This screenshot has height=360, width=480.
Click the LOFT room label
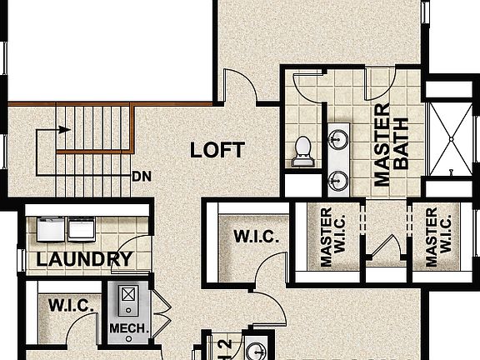point(217,150)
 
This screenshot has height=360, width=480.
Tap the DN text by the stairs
point(140,177)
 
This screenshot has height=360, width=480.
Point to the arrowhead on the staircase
point(62,130)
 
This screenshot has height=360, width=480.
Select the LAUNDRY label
point(84,259)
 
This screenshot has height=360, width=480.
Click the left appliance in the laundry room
point(52,227)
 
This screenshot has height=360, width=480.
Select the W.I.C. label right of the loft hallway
point(256,237)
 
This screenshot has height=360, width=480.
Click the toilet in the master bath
point(302,148)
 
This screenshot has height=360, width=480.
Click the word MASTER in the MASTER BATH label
point(382,145)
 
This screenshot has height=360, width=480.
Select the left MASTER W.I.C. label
point(327,237)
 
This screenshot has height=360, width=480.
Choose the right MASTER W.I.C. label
point(432,237)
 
